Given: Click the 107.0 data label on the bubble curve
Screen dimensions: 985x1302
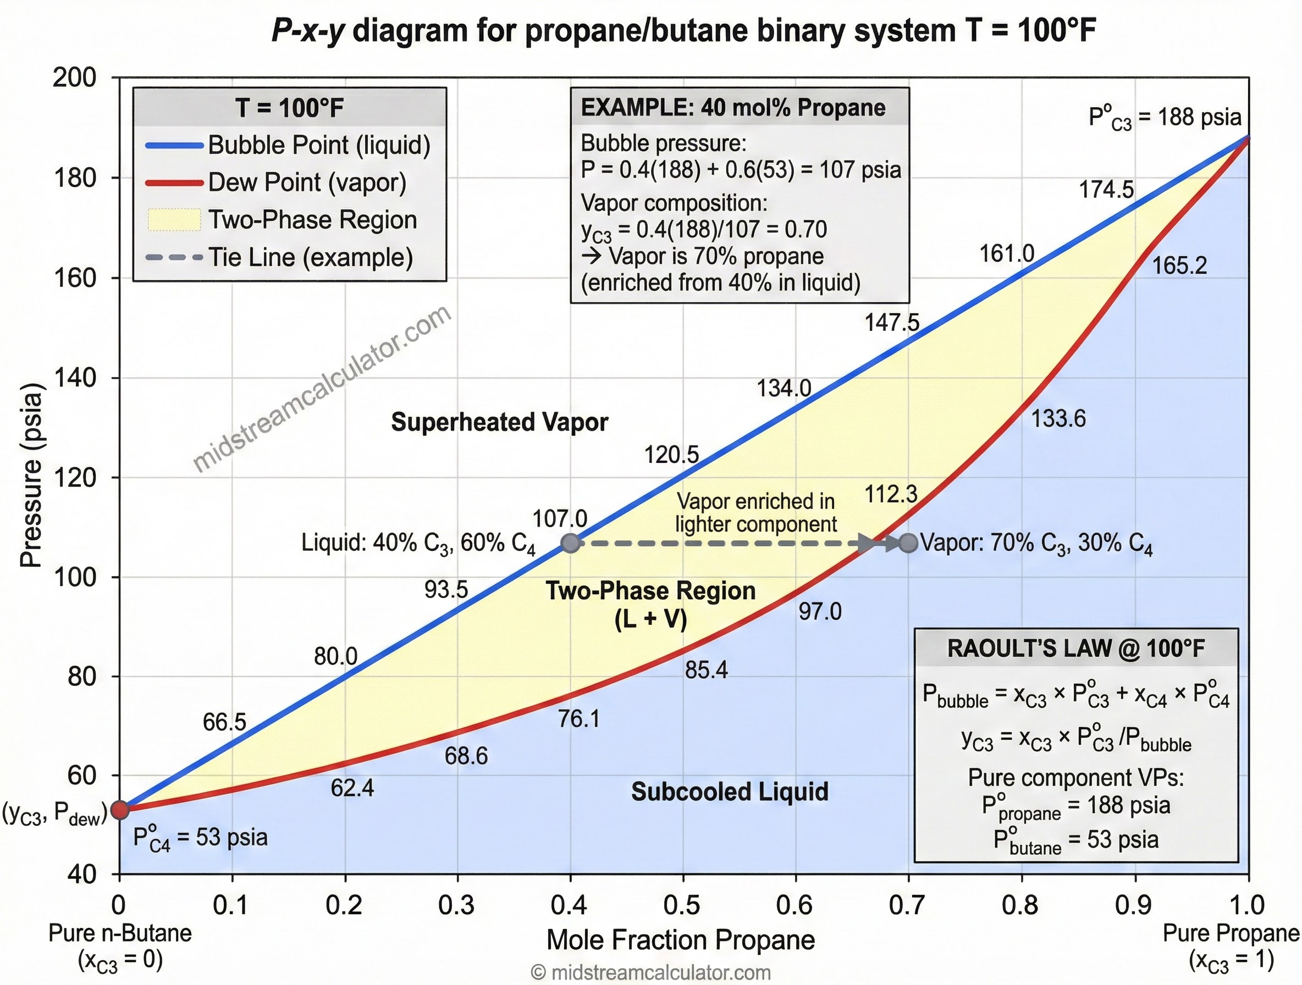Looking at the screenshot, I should [559, 519].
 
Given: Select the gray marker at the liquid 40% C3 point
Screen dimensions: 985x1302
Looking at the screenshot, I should [570, 543].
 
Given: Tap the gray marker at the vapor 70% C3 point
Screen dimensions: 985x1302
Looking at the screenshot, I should [908, 543].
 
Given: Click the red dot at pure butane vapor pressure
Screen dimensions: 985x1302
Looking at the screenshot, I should [119, 810].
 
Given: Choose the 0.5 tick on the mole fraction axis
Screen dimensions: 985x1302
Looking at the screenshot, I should [682, 905].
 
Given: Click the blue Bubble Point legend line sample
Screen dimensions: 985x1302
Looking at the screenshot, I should [174, 145].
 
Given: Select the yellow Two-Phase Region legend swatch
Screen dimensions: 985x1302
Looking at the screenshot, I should [174, 219].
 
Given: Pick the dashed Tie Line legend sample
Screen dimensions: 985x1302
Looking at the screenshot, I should [174, 258].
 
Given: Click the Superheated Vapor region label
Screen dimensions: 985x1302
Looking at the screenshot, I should [499, 422].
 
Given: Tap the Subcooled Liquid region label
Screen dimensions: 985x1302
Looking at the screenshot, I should [729, 792].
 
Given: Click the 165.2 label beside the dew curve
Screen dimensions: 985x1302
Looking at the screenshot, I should [1178, 265].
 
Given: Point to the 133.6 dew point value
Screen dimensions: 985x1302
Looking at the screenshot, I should [1058, 418].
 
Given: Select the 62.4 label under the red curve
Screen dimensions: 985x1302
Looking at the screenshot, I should [352, 788].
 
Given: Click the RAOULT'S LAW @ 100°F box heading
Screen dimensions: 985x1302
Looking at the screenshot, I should [1075, 648].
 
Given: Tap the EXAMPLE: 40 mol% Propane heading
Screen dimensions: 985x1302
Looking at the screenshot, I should [733, 108].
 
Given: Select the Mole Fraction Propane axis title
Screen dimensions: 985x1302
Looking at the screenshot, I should [681, 940].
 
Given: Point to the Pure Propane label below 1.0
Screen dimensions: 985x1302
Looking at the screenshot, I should [1230, 933].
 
